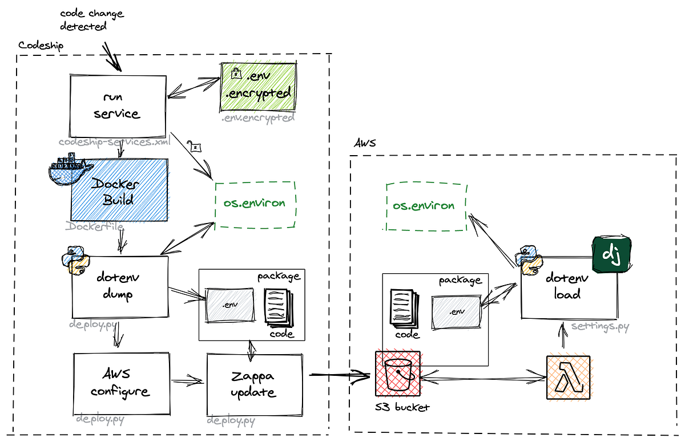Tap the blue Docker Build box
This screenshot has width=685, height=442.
pyautogui.click(x=120, y=190)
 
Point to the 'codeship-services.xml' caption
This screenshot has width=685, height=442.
pyautogui.click(x=114, y=141)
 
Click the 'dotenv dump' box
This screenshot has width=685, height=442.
pyautogui.click(x=120, y=286)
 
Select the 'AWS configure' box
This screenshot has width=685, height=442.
pyautogui.click(x=122, y=383)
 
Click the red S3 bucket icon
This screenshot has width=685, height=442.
pyautogui.click(x=398, y=374)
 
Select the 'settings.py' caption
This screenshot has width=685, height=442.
pyautogui.click(x=600, y=327)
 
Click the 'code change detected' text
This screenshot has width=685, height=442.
pyautogui.click(x=91, y=20)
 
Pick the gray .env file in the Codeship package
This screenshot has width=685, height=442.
pyautogui.click(x=230, y=304)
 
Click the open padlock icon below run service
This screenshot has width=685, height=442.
pyautogui.click(x=196, y=148)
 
